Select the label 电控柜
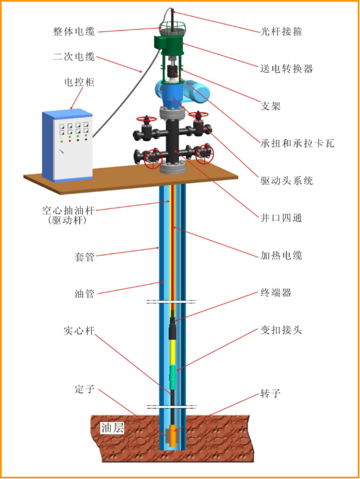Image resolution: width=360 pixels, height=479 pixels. click(x=79, y=82)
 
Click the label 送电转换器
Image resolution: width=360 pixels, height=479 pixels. click(x=286, y=69)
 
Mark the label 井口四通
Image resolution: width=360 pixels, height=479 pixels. click(x=277, y=218)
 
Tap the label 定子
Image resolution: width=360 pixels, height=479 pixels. click(x=84, y=389)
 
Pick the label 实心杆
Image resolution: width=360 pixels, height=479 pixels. click(x=79, y=331)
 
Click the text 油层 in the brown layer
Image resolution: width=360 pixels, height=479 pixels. click(x=112, y=428)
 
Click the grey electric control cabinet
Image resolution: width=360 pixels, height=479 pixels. click(x=67, y=144)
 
